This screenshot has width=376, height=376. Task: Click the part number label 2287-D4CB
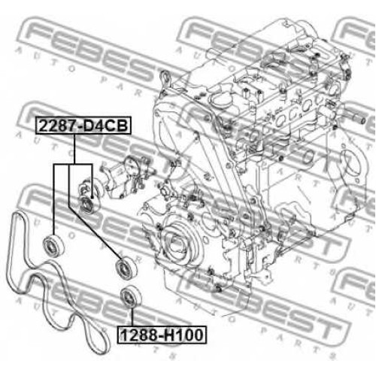[83, 126]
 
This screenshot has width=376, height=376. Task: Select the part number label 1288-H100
[162, 335]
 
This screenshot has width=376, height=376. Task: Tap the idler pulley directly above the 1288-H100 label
[130, 298]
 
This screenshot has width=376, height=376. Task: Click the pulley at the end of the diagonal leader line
[126, 268]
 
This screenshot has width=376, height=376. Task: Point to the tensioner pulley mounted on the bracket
[88, 204]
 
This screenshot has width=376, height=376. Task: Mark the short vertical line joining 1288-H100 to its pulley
[132, 318]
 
